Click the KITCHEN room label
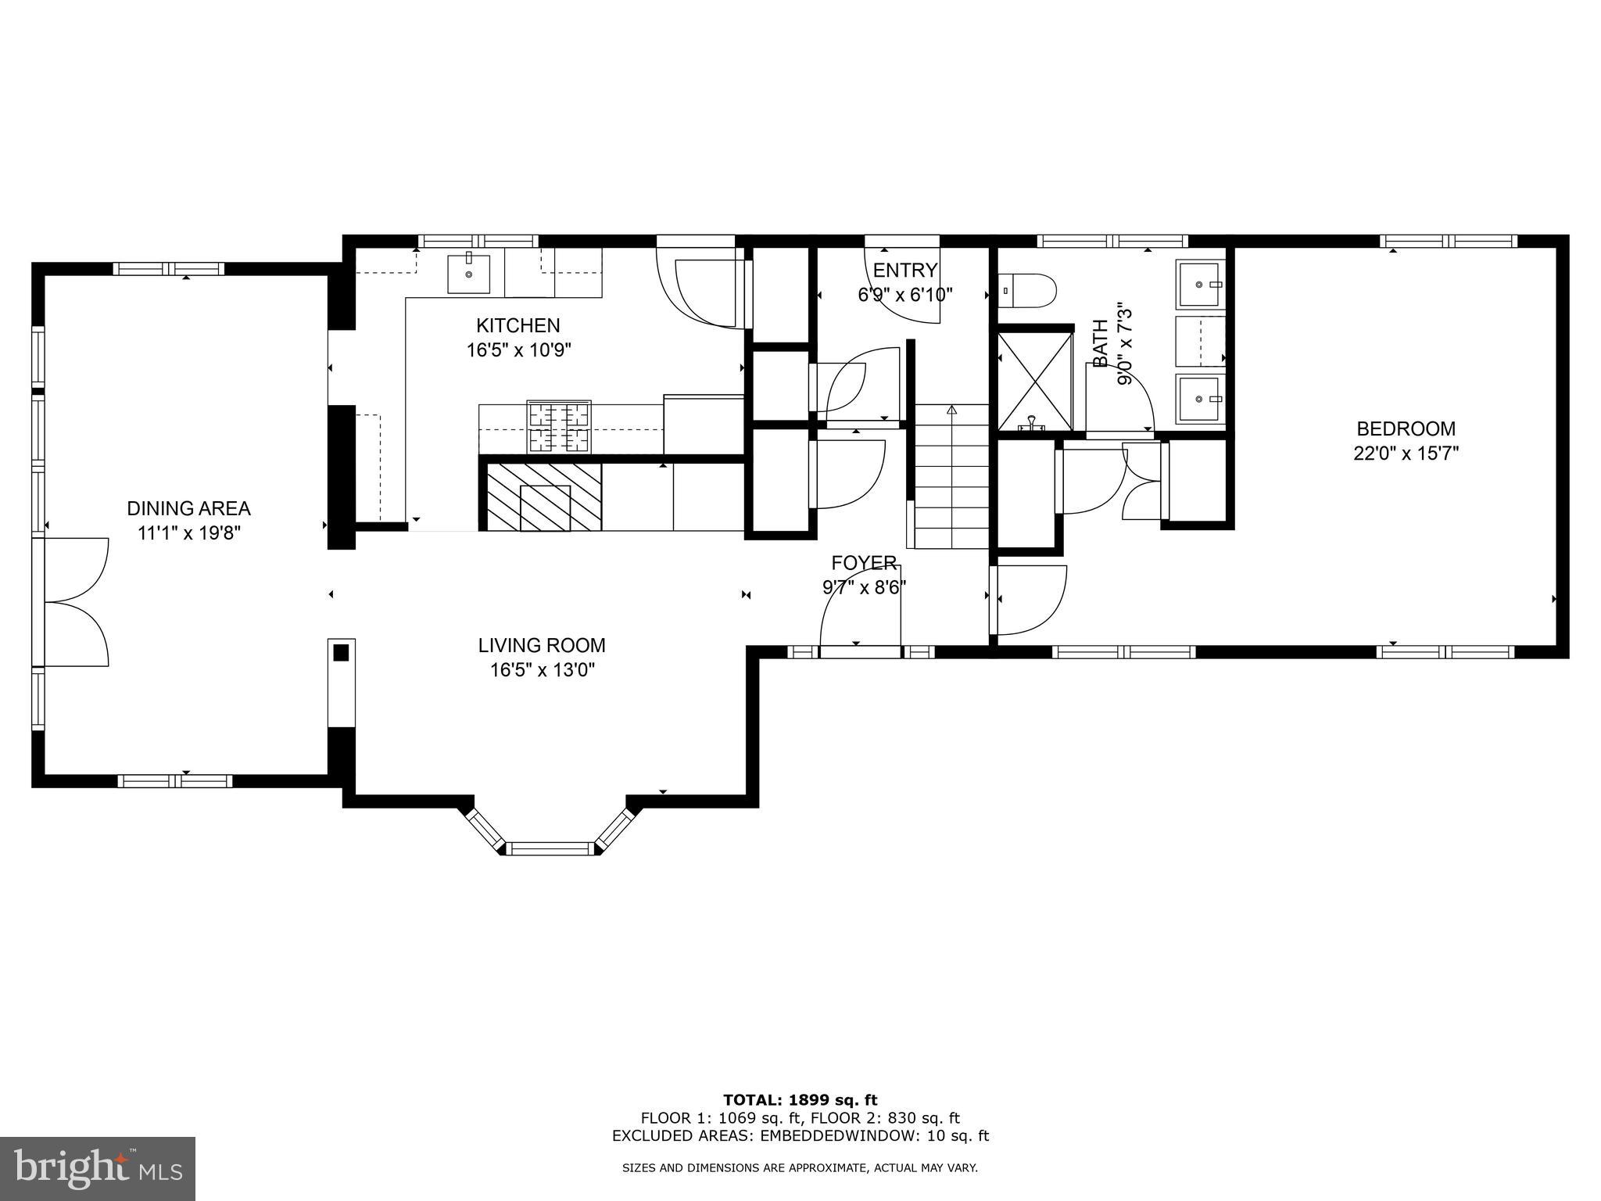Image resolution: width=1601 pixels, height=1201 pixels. pos(518,325)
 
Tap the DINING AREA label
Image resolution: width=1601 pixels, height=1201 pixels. pos(188,509)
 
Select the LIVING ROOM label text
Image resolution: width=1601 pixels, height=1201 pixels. pos(542,646)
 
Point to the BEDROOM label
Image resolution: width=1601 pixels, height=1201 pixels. pos(1406,429)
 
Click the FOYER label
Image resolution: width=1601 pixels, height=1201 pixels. pos(863,563)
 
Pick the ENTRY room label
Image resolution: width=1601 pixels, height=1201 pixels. pos(904,271)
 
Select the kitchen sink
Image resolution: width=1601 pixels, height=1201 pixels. pos(469,274)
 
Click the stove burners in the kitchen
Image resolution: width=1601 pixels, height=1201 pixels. pos(559,426)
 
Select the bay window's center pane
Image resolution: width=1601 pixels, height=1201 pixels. pos(550,848)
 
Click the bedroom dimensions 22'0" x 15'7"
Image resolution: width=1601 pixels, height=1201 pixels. pos(1406,454)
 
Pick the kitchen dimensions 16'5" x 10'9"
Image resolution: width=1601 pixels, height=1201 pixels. pos(518,350)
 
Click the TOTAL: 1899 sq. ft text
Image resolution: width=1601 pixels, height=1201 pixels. pos(800,1101)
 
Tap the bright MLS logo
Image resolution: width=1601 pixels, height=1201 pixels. pos(98,1168)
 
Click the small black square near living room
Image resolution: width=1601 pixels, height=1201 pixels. pos(342,652)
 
